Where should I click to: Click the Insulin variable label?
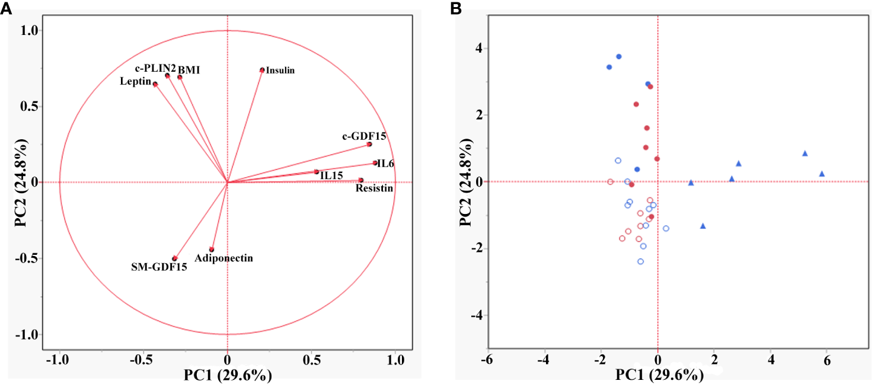[x=280, y=71]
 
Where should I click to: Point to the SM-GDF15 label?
[x=159, y=267]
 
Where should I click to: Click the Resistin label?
[x=374, y=188]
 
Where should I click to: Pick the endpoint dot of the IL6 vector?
[x=375, y=163]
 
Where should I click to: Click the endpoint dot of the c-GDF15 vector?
[x=369, y=144]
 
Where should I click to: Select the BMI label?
[x=189, y=70]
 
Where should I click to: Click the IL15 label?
[x=330, y=176]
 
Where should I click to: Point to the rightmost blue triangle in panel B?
[x=822, y=174]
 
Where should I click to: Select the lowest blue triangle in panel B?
[x=703, y=226]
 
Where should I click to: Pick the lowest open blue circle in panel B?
[x=640, y=261]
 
